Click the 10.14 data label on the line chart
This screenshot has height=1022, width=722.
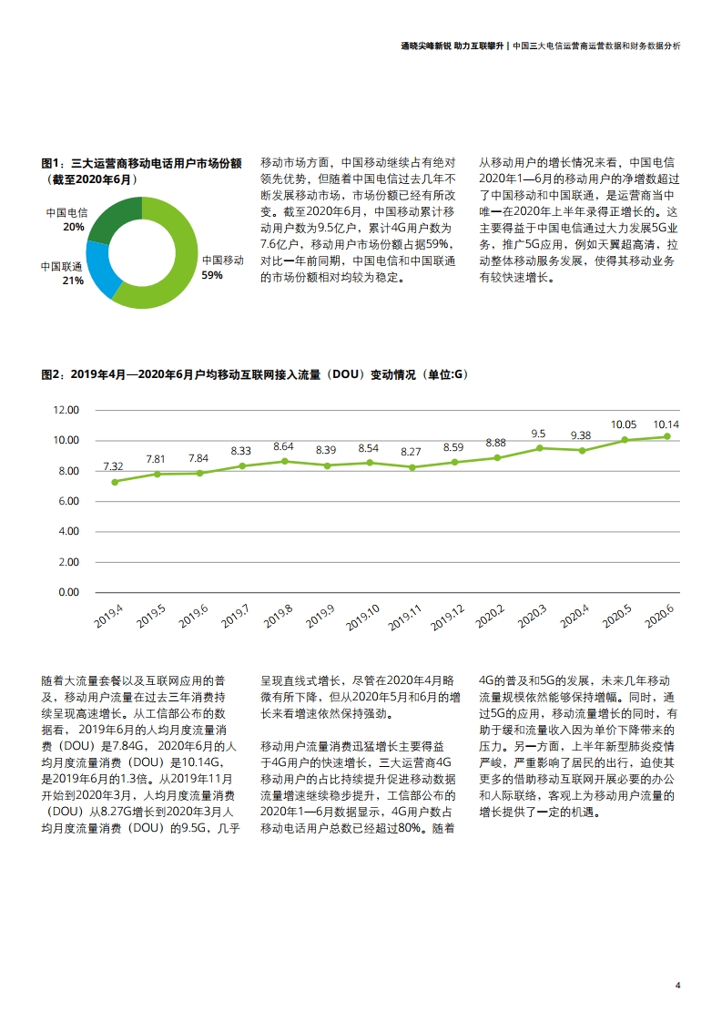click(666, 424)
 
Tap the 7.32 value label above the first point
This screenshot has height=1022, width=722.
click(113, 466)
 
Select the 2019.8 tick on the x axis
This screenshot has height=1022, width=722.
click(280, 616)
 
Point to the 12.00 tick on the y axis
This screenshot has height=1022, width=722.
click(66, 410)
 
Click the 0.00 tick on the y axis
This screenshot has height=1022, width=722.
click(68, 592)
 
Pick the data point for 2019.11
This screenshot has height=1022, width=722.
click(411, 467)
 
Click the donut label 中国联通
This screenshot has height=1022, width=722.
click(61, 267)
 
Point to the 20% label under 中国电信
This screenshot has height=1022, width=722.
click(74, 227)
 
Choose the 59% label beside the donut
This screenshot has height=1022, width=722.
click(212, 275)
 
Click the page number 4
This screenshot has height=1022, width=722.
click(677, 985)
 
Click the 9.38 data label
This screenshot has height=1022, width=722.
click(580, 435)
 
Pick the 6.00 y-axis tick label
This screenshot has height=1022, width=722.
click(68, 501)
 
